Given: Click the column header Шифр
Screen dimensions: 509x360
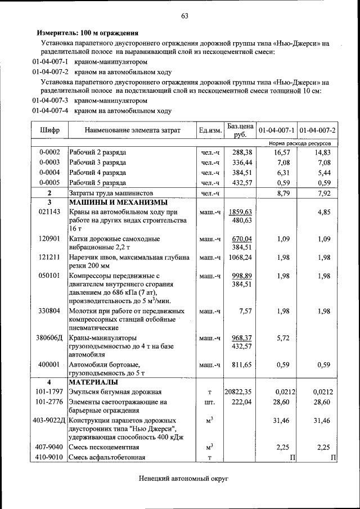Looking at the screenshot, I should pyautogui.click(x=49, y=130).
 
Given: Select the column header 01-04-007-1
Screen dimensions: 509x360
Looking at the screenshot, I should pyautogui.click(x=277, y=130).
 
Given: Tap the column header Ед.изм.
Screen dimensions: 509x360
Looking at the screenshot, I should pyautogui.click(x=210, y=130).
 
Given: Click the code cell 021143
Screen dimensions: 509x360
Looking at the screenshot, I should pyautogui.click(x=49, y=213).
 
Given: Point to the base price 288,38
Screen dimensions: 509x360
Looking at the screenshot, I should pyautogui.click(x=242, y=152).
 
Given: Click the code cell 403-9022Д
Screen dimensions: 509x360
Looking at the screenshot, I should pyautogui.click(x=49, y=421).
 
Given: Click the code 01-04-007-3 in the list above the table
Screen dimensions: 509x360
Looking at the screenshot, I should pyautogui.click(x=50, y=101).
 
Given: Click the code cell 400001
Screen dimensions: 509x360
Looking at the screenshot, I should pyautogui.click(x=49, y=364).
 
